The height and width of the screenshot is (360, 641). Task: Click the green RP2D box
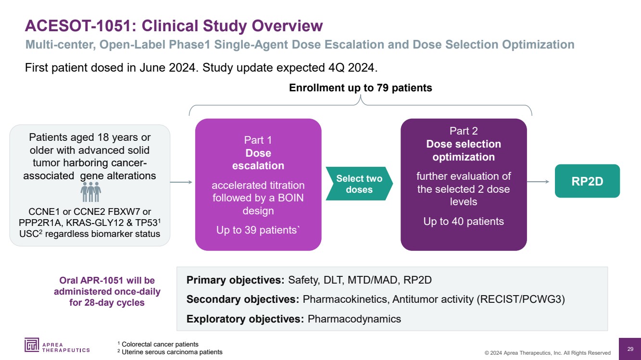(x=587, y=181)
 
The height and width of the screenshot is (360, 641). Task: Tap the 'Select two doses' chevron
(x=359, y=184)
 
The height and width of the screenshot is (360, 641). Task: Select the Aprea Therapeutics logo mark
(x=33, y=345)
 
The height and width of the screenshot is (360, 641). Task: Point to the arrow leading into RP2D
(x=538, y=182)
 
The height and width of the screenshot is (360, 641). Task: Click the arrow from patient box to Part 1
(x=181, y=182)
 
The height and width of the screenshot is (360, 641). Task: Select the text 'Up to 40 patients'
(x=464, y=222)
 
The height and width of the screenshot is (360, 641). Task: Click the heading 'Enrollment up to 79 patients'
(x=360, y=88)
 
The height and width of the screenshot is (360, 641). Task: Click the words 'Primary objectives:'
(x=236, y=280)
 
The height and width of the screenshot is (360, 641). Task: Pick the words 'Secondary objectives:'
(x=243, y=299)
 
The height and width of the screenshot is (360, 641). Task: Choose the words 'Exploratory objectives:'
(x=245, y=319)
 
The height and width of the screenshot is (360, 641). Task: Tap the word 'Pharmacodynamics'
(x=354, y=319)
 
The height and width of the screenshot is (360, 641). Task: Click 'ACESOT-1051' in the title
(x=76, y=25)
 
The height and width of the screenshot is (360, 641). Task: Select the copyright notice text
(x=548, y=353)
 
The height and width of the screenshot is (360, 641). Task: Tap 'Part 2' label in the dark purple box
(x=464, y=131)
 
